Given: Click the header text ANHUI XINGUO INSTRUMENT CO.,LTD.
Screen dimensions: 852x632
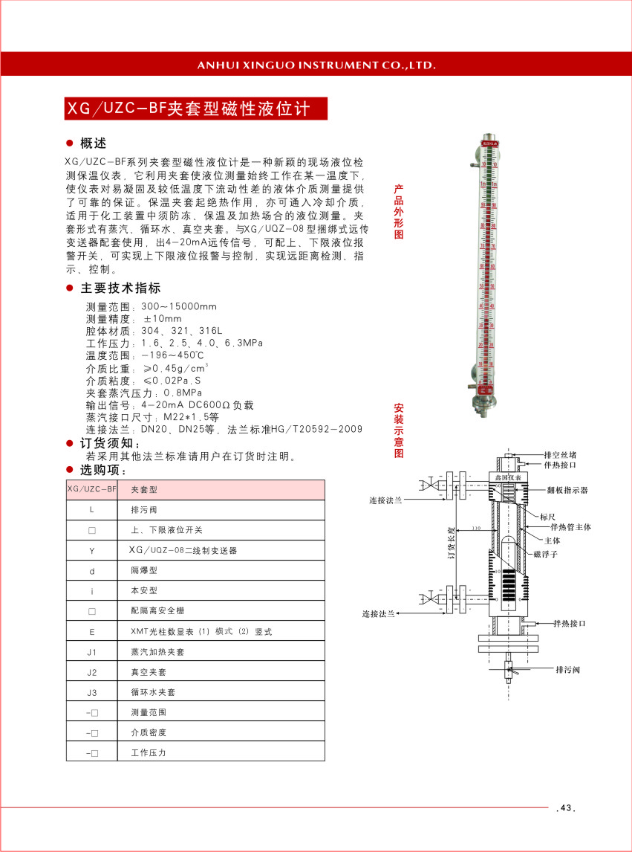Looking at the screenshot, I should coord(316,65).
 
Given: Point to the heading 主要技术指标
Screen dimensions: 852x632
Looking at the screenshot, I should coord(120,288).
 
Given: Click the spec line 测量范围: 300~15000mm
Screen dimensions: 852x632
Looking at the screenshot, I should coord(152,306).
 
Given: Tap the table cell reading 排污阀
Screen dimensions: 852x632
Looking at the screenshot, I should coord(143,510).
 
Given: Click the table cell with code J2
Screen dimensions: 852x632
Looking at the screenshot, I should coord(92,671).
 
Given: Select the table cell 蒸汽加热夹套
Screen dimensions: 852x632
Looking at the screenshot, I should coord(157,651).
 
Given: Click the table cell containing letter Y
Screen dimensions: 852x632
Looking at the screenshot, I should coord(92,550).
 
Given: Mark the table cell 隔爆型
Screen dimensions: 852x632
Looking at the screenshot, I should coord(143,570).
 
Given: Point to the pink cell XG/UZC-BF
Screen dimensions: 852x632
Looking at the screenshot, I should coord(92,490).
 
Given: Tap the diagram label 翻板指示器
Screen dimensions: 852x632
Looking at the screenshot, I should coord(567,491).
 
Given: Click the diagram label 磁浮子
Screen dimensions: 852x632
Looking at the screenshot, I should coord(545,554).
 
